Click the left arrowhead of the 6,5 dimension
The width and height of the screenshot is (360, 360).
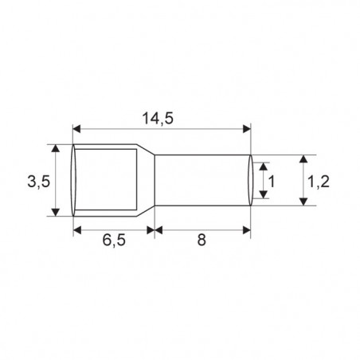77,229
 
